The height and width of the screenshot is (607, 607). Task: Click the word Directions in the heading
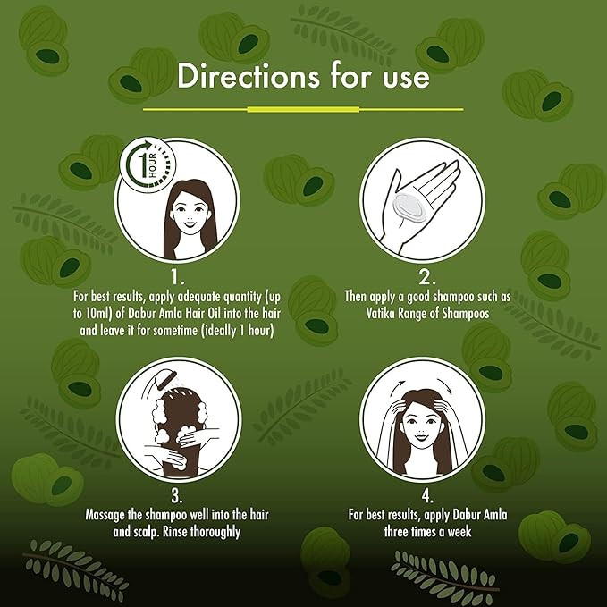(249, 75)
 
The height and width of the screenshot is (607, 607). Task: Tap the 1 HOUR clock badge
(148, 164)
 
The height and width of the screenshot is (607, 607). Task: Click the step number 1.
(178, 277)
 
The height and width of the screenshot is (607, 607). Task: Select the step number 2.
(427, 277)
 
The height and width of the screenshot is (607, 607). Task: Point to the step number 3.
(177, 496)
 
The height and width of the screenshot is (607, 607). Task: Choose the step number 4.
(427, 496)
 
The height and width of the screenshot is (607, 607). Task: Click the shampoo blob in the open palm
(409, 207)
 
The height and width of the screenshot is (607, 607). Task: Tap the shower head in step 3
(164, 377)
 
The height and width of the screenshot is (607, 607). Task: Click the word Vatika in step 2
(379, 313)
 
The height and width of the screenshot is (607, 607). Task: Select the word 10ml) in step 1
(99, 314)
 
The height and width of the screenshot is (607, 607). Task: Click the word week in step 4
(459, 532)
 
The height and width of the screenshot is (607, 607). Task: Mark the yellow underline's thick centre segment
(303, 110)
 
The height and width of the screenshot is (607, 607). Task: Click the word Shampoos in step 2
(466, 314)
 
